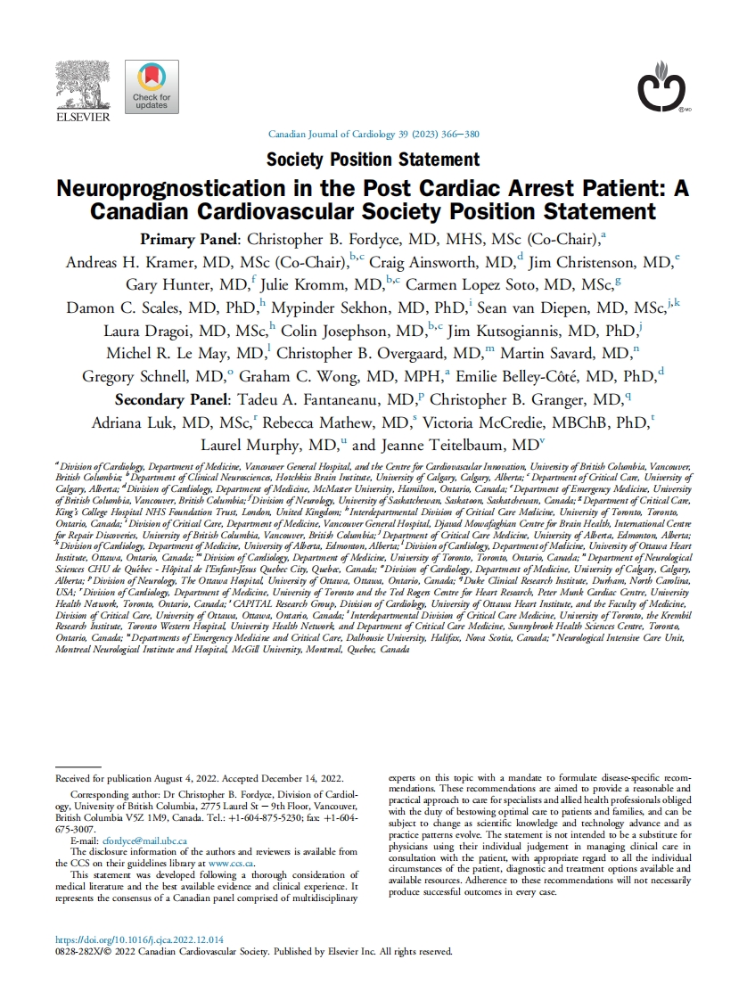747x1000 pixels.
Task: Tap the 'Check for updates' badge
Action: click(152, 86)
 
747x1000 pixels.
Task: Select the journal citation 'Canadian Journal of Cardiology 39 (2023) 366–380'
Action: click(373, 135)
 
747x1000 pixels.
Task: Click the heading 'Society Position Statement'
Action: click(373, 160)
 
